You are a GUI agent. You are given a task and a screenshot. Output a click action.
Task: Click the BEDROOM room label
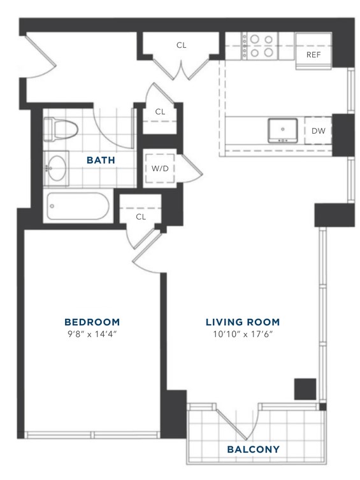pyautogui.click(x=92, y=322)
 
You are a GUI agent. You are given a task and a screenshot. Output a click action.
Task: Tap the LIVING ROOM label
pyautogui.click(x=243, y=322)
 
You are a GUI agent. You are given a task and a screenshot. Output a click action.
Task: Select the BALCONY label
pyautogui.click(x=254, y=449)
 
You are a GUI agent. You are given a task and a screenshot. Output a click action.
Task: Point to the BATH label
pyautogui.click(x=101, y=160)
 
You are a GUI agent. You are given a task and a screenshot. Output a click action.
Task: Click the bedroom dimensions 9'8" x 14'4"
pyautogui.click(x=92, y=334)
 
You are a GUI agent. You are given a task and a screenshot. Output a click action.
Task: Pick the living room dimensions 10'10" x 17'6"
pyautogui.click(x=243, y=334)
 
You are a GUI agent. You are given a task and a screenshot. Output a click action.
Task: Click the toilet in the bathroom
pyautogui.click(x=61, y=130)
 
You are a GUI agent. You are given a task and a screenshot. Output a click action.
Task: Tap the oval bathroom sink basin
pyautogui.click(x=57, y=168)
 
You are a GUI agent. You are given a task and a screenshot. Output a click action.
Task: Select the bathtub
pyautogui.click(x=78, y=206)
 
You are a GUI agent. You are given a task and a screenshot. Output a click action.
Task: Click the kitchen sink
pyautogui.click(x=282, y=131)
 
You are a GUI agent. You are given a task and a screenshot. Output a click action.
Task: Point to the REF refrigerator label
pyautogui.click(x=313, y=55)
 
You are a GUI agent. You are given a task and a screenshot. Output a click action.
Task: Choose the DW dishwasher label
pyautogui.click(x=319, y=131)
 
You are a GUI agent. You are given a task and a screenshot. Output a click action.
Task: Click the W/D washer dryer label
pyautogui.click(x=160, y=168)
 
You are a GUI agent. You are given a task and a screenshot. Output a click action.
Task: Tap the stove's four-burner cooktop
pyautogui.click(x=260, y=46)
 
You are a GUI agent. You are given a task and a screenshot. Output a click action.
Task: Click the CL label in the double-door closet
pyautogui.click(x=181, y=45)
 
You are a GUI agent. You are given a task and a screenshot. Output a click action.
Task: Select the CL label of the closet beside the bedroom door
pyautogui.click(x=141, y=217)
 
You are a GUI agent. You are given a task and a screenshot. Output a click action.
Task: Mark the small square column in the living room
pyautogui.click(x=305, y=389)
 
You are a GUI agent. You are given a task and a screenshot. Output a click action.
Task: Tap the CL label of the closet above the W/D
pyautogui.click(x=160, y=112)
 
